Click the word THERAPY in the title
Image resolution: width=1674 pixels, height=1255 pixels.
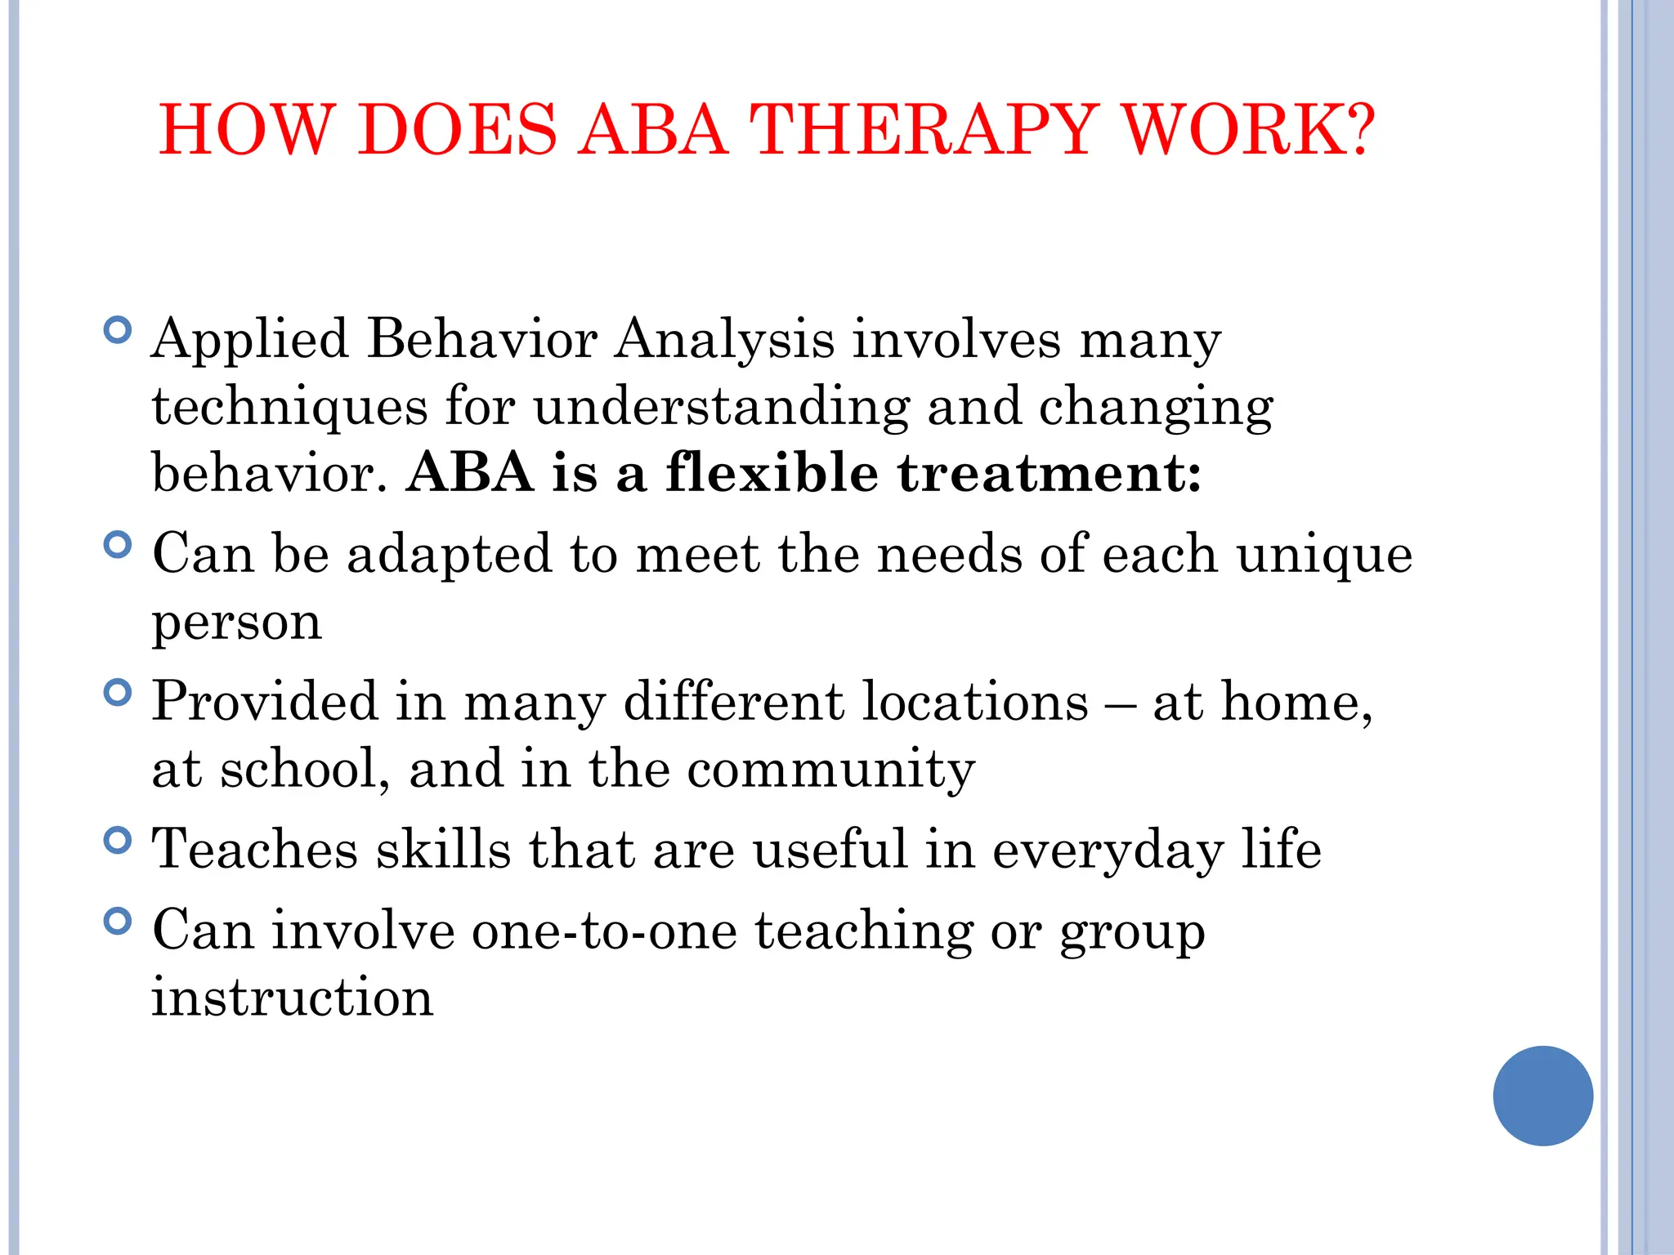coord(924,131)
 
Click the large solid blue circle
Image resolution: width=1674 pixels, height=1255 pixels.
coord(1542,1096)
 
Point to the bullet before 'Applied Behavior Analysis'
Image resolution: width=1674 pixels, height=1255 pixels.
coord(119,331)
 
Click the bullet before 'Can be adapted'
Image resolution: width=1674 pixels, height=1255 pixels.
coord(119,545)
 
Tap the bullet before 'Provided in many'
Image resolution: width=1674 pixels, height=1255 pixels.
coord(119,694)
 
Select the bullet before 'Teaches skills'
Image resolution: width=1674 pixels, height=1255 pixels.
coord(119,841)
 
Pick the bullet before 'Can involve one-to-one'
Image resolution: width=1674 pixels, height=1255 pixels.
coord(119,922)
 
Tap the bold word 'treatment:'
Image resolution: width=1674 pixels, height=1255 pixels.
coord(1050,474)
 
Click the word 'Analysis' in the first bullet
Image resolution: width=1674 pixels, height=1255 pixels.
coord(724,341)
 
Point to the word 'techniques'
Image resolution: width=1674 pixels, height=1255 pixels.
coord(290,408)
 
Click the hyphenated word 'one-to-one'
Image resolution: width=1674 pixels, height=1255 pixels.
coord(605,931)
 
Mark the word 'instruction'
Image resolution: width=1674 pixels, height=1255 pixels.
coord(293,998)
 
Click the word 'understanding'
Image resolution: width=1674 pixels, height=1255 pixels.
coord(721,408)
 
